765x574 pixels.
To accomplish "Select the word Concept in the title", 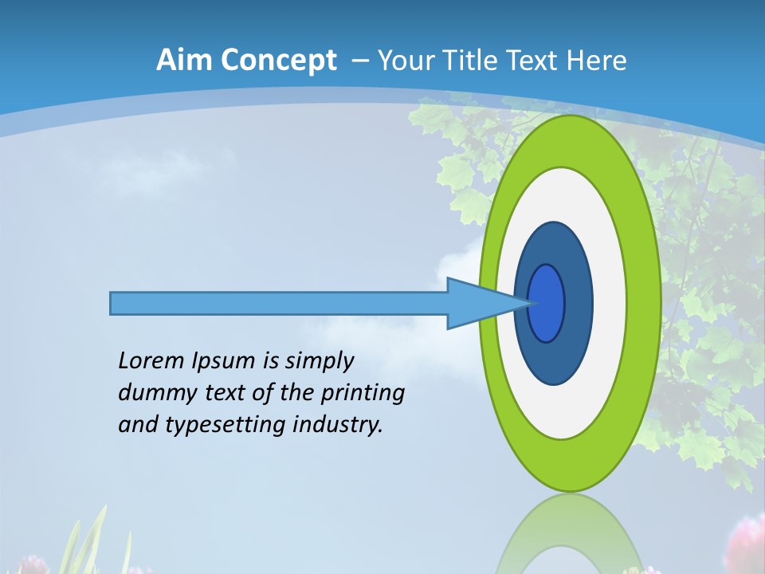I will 277,61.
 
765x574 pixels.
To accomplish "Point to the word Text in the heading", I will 534,60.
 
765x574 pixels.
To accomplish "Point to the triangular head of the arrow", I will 478,303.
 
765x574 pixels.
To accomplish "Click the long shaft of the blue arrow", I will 279,303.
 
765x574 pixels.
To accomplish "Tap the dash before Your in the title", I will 359,61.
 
